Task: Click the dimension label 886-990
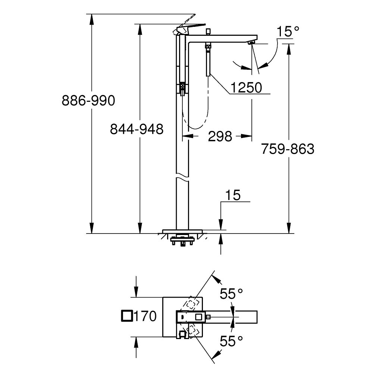pyautogui.click(x=89, y=101)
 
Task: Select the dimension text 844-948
pyautogui.click(x=137, y=129)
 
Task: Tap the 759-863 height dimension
pyautogui.click(x=288, y=149)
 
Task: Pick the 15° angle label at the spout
pyautogui.click(x=288, y=32)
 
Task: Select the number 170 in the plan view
pyautogui.click(x=145, y=317)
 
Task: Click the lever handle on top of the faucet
pyautogui.click(x=190, y=28)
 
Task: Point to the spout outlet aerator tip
pyautogui.click(x=251, y=43)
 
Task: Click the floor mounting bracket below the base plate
pyautogui.click(x=182, y=241)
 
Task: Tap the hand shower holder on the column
pyautogui.click(x=182, y=88)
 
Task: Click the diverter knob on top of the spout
pyautogui.click(x=209, y=31)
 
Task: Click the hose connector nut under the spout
pyautogui.click(x=208, y=47)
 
